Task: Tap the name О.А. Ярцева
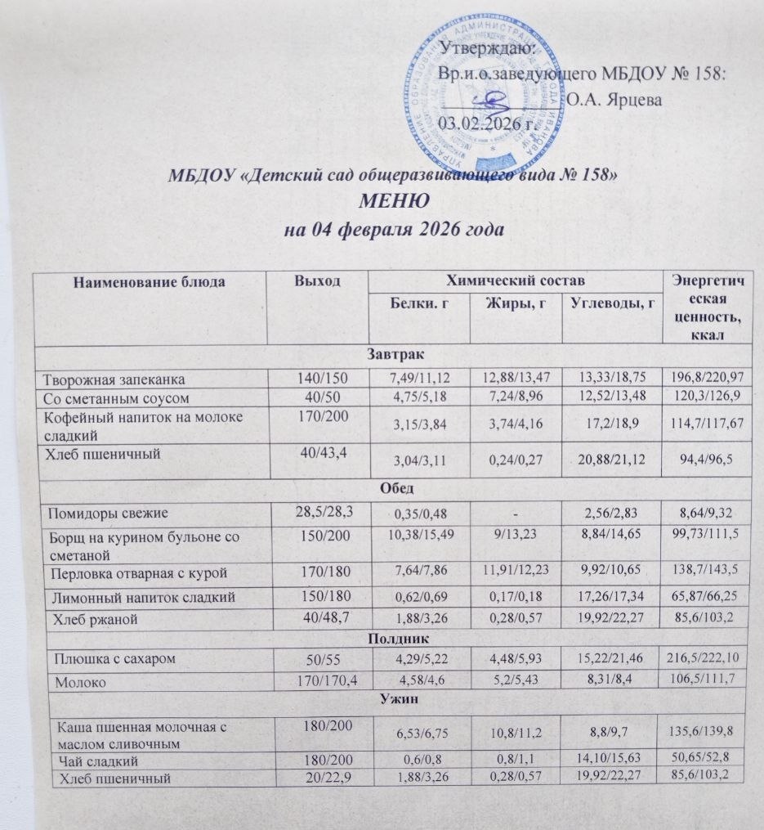click(x=614, y=101)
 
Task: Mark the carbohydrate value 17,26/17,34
click(x=610, y=598)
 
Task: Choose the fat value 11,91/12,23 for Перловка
click(x=516, y=569)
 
